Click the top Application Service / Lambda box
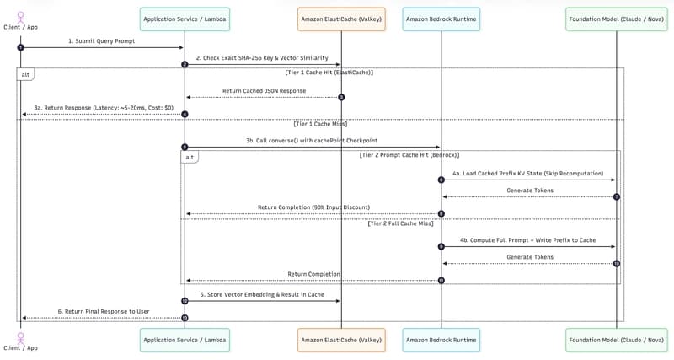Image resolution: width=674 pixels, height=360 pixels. pyautogui.click(x=185, y=19)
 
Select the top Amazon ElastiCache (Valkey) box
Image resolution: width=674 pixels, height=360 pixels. pyautogui.click(x=341, y=19)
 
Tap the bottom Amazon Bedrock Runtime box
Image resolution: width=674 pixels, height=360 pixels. pyautogui.click(x=441, y=341)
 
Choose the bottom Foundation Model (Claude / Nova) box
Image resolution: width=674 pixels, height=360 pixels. pyautogui.click(x=617, y=341)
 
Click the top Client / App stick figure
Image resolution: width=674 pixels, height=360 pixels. pyautogui.click(x=20, y=18)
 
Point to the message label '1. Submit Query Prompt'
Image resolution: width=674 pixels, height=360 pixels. pyautogui.click(x=101, y=41)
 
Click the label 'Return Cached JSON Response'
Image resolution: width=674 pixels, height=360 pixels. pyautogui.click(x=264, y=91)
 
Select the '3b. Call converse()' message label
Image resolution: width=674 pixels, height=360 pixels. pyautogui.click(x=312, y=141)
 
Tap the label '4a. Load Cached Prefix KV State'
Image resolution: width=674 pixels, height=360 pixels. pyautogui.click(x=528, y=174)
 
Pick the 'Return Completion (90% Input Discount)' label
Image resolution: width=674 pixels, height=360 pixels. pyautogui.click(x=313, y=207)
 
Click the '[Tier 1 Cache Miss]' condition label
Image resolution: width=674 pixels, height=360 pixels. pyautogui.click(x=320, y=124)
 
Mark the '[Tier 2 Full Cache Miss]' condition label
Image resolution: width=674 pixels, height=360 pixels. pyautogui.click(x=401, y=223)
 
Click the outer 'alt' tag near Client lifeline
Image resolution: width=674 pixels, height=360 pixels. pyautogui.click(x=25, y=74)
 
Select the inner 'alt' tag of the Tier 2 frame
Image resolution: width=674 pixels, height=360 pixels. pyautogui.click(x=190, y=157)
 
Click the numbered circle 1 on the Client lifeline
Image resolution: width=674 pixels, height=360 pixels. pyautogui.click(x=20, y=47)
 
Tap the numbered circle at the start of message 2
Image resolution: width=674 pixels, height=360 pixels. pyautogui.click(x=185, y=65)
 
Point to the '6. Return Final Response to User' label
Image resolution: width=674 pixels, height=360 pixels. pyautogui.click(x=104, y=311)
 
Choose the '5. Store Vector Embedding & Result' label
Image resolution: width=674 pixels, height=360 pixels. pyautogui.click(x=262, y=294)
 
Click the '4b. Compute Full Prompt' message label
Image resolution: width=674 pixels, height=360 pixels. pyautogui.click(x=528, y=240)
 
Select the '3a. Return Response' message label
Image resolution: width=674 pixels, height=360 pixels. pyautogui.click(x=104, y=108)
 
